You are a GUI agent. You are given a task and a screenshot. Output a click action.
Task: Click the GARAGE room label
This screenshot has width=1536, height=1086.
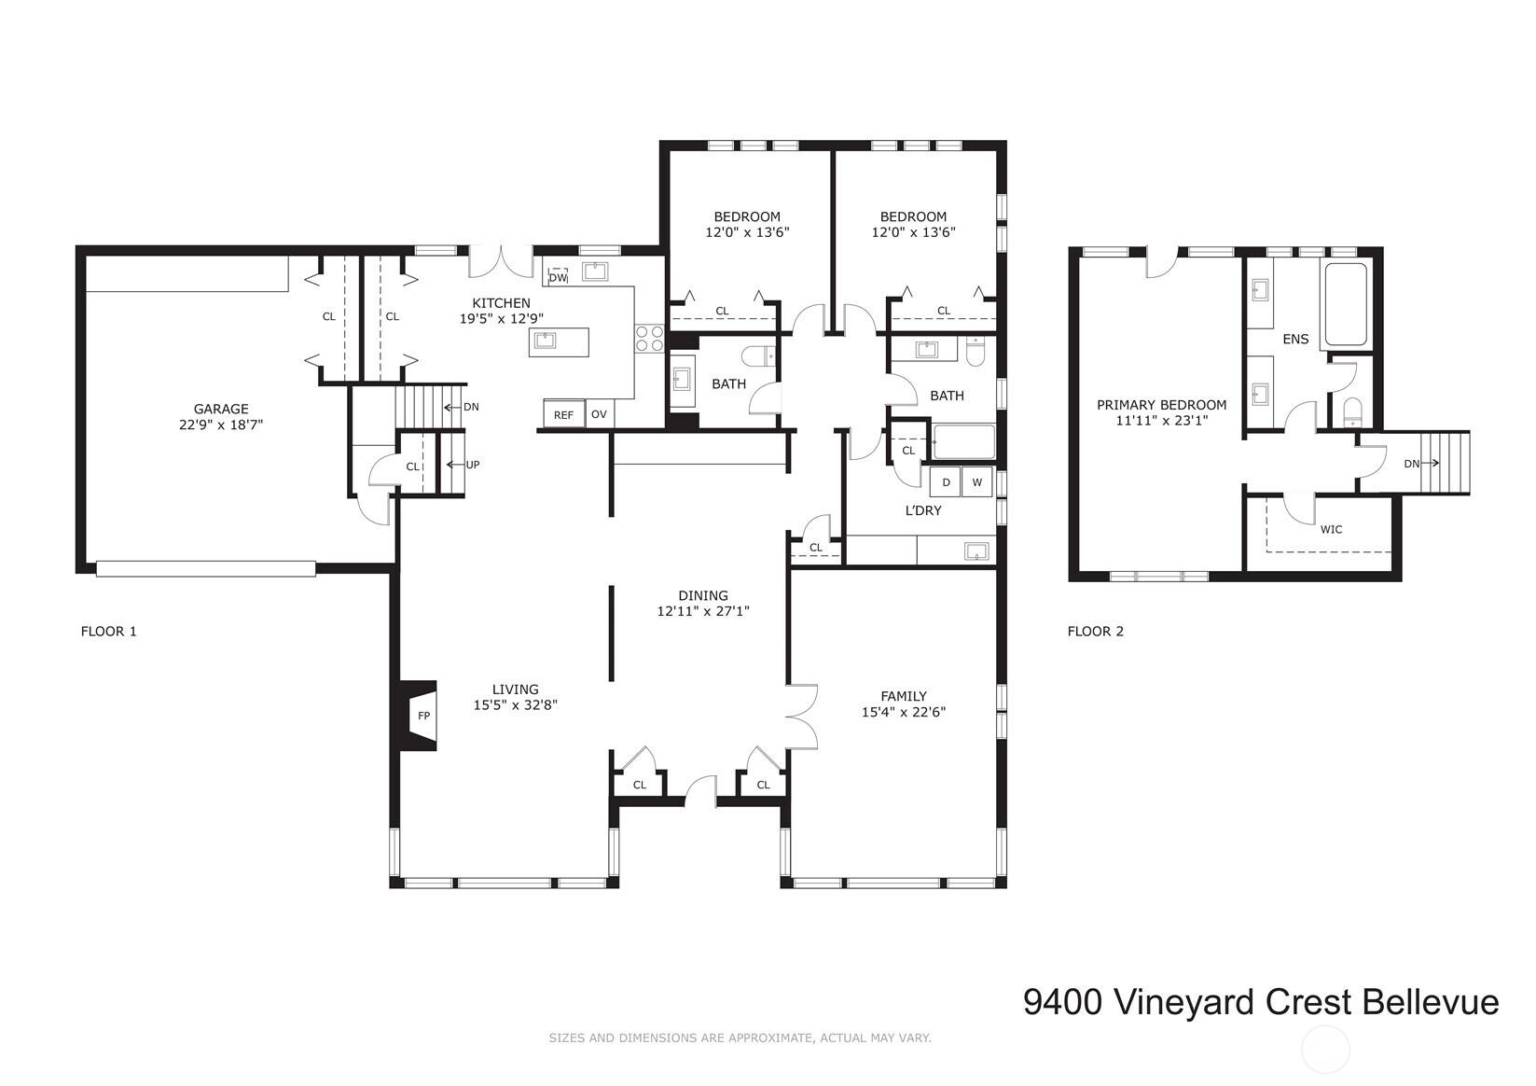click(221, 409)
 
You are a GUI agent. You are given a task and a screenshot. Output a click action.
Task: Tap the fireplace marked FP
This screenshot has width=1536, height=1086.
click(422, 716)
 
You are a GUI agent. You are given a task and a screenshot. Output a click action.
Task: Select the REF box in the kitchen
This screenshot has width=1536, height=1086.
click(563, 415)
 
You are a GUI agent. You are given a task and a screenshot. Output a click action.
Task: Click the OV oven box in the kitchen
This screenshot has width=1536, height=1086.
click(599, 414)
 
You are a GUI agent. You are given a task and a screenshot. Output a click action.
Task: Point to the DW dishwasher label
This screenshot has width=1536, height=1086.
click(557, 277)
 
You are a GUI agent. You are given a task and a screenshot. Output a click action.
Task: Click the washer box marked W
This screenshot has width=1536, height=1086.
click(976, 482)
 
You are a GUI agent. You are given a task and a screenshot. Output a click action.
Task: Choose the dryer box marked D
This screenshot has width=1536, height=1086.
click(946, 482)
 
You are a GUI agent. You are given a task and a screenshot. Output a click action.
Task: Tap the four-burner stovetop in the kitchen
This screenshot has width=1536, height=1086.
click(649, 339)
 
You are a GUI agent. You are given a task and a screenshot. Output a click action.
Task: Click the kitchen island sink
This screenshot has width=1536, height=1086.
click(545, 341)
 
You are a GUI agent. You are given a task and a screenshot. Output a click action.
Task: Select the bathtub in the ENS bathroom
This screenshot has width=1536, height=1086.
click(1344, 304)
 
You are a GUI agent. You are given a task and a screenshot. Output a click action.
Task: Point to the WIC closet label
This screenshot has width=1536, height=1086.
click(1331, 529)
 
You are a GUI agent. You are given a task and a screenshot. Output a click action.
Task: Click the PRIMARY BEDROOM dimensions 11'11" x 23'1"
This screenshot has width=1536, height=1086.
click(1161, 421)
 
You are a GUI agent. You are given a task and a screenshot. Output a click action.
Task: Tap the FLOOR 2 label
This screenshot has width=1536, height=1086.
click(1095, 632)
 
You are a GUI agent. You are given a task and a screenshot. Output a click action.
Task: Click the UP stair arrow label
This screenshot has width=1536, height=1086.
click(472, 465)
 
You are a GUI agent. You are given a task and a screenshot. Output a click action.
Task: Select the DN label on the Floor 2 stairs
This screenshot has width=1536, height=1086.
click(1411, 464)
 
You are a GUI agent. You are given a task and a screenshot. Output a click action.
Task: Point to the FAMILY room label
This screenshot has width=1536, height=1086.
click(903, 696)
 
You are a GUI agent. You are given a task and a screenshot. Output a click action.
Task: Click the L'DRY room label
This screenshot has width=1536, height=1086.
click(923, 510)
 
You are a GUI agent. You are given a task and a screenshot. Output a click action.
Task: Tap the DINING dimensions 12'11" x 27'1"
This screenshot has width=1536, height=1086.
click(702, 612)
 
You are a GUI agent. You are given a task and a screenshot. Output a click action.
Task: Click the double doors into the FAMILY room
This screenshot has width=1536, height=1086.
click(800, 716)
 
